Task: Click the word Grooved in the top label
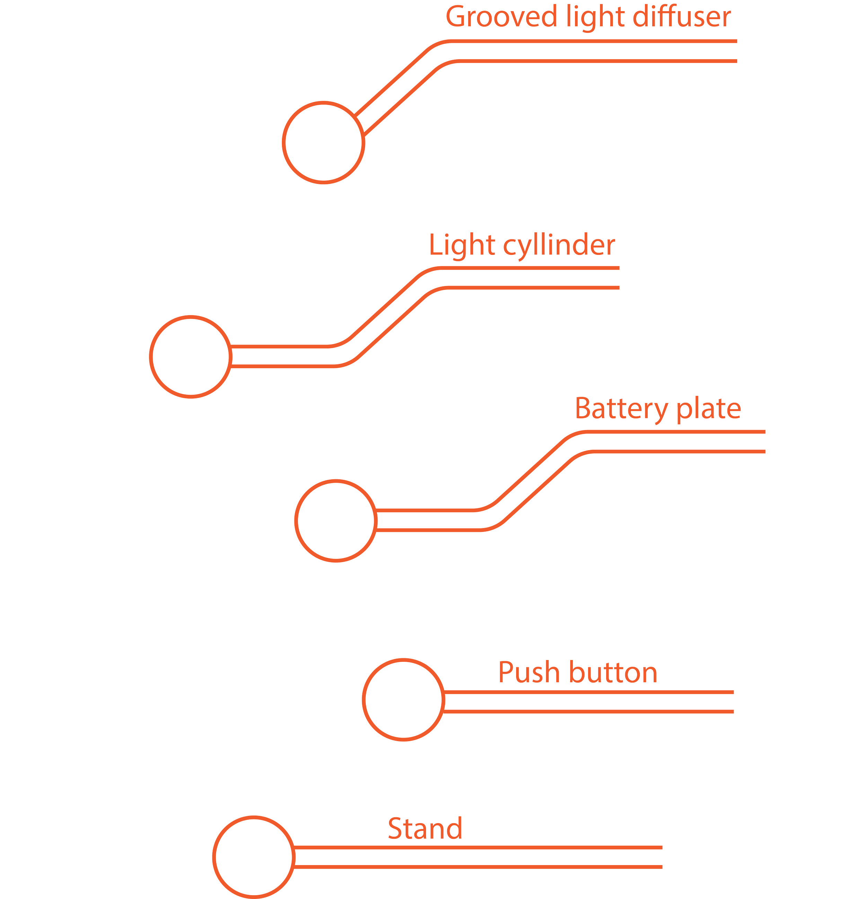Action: pyautogui.click(x=501, y=17)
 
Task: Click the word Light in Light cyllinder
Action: pyautogui.click(x=462, y=246)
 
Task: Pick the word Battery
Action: pyautogui.click(x=621, y=409)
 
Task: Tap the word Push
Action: pyautogui.click(x=528, y=673)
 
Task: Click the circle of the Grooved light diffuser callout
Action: pyautogui.click(x=324, y=143)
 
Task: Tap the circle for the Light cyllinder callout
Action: pyautogui.click(x=191, y=357)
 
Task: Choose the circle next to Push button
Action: pyautogui.click(x=403, y=700)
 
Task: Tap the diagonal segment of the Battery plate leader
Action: pyautogui.click(x=533, y=481)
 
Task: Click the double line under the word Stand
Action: pyautogui.click(x=477, y=857)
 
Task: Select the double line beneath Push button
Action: pyautogui.click(x=587, y=702)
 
